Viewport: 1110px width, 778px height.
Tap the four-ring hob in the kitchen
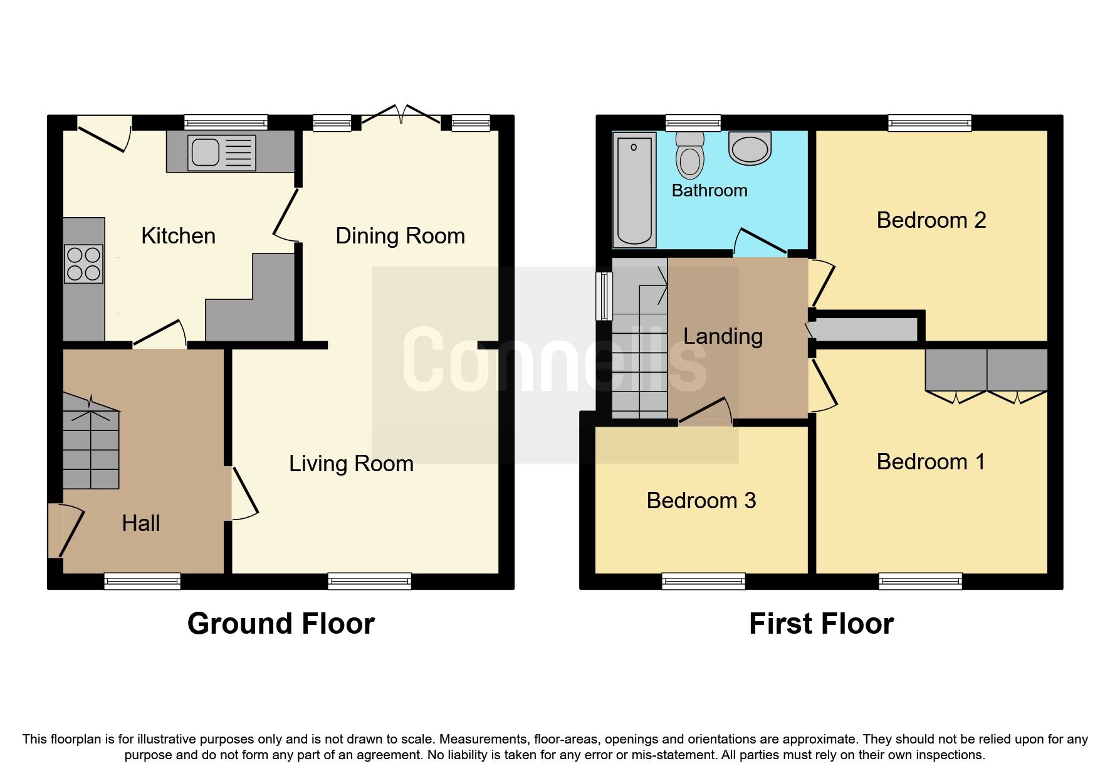[x=84, y=264]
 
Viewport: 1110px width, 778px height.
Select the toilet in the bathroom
[x=689, y=155]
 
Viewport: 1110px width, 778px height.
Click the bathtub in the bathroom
[x=634, y=190]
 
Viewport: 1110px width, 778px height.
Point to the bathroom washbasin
[x=750, y=149]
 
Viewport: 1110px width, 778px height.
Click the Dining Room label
[x=400, y=237]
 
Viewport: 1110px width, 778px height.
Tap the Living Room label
[x=351, y=464]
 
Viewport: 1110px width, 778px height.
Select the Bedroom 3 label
[x=701, y=501]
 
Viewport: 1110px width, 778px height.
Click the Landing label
[x=723, y=337]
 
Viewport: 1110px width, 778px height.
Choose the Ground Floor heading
[x=281, y=624]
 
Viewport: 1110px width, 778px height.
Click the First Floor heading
[x=821, y=624]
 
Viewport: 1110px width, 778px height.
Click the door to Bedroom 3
[x=705, y=412]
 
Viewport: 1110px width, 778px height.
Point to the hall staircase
[x=91, y=442]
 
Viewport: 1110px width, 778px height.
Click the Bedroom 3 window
[x=703, y=581]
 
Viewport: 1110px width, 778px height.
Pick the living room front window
[x=370, y=581]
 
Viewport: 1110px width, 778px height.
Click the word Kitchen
[x=178, y=237]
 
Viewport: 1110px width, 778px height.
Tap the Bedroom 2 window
[x=929, y=122]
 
